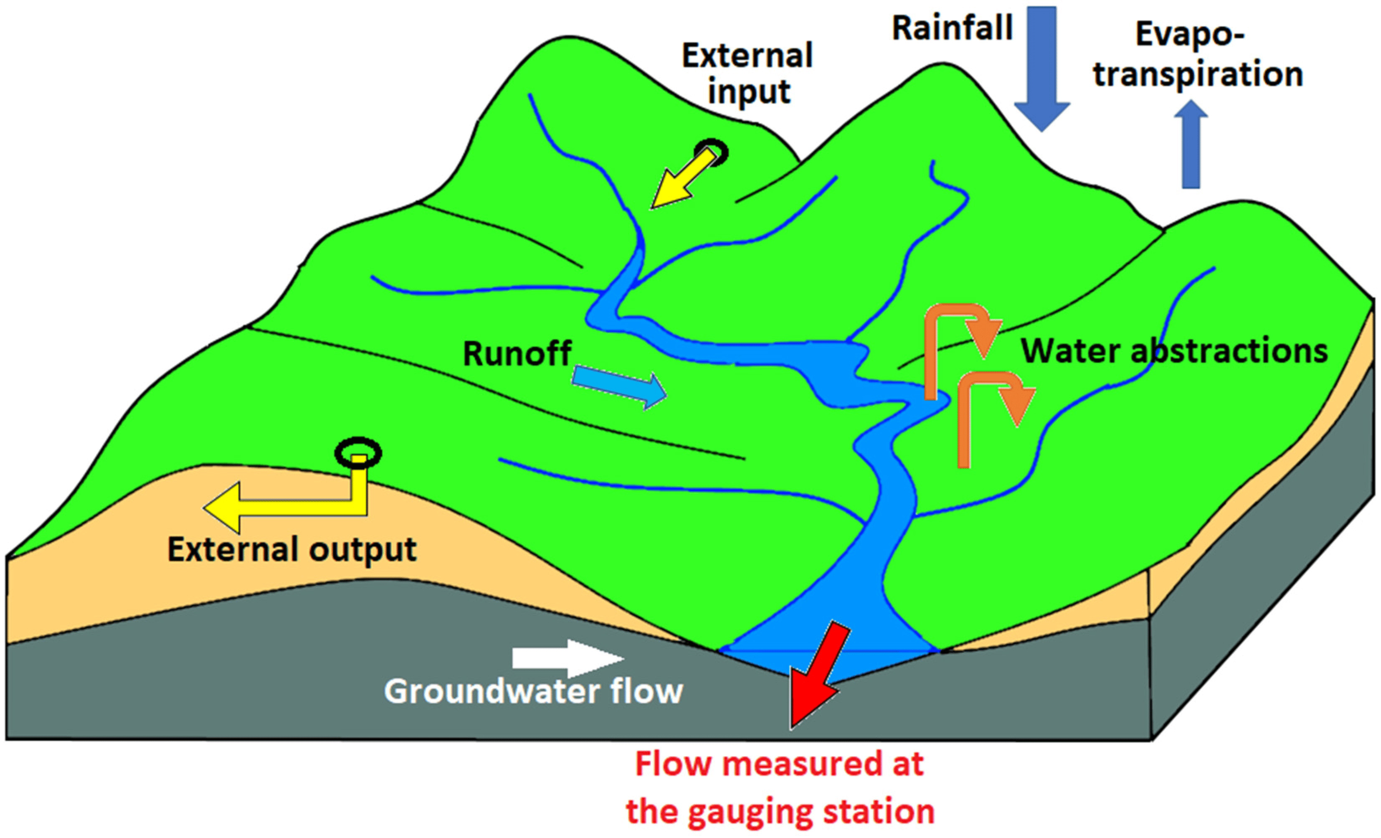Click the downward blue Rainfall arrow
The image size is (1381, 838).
[x=1041, y=67]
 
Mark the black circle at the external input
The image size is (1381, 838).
[x=711, y=151]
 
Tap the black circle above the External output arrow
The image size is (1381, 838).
[x=357, y=453]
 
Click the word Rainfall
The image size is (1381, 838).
[x=952, y=28]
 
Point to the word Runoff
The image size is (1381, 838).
[x=516, y=354]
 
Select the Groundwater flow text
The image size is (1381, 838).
[x=533, y=691]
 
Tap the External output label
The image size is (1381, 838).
[x=292, y=550]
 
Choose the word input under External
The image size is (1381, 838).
[x=749, y=91]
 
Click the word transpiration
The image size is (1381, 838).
[x=1198, y=74]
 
